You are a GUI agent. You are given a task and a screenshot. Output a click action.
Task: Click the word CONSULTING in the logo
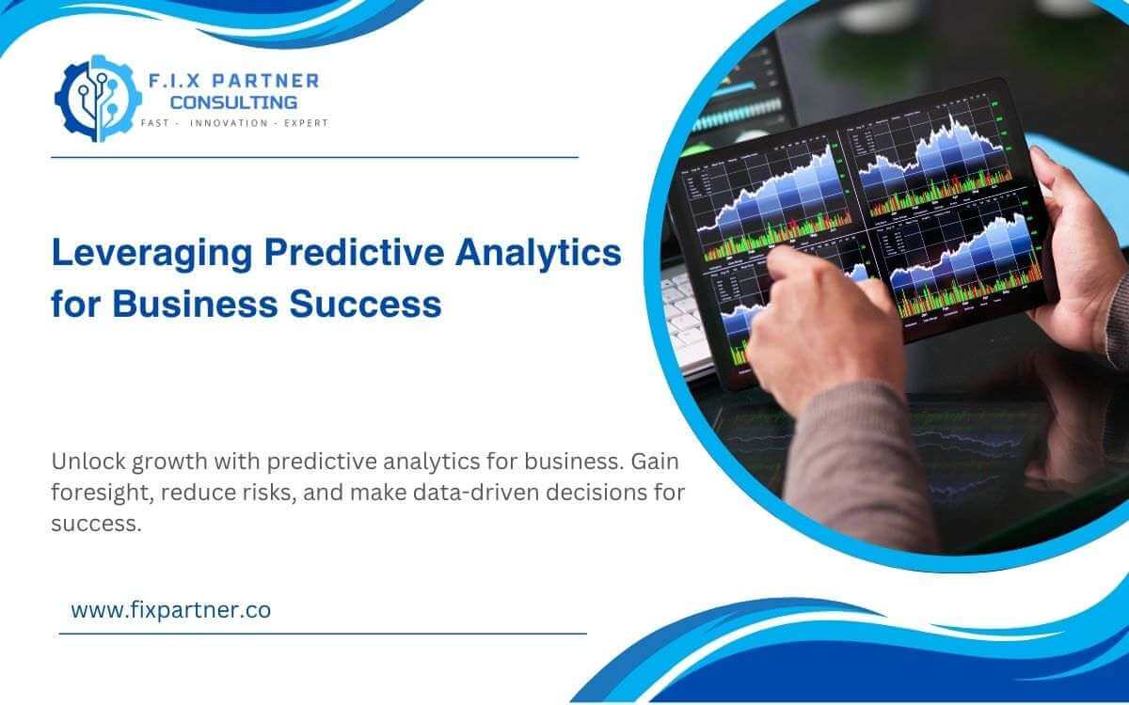point(233,102)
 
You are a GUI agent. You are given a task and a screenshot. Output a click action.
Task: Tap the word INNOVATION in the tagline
point(229,124)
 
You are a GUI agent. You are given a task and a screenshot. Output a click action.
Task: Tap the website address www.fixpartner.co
point(170,609)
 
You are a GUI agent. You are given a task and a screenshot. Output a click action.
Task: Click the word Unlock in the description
point(85,462)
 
